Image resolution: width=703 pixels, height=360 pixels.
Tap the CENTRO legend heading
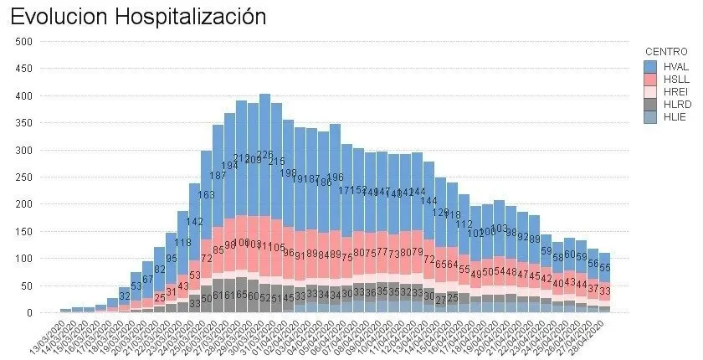[x=665, y=52]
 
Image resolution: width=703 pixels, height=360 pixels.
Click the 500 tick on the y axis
[x=23, y=42]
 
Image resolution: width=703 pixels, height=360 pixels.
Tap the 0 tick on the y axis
[x=29, y=313]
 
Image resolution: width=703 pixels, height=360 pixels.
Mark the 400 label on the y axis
[x=23, y=96]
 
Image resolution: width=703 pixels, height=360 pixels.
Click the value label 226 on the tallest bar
[x=264, y=155]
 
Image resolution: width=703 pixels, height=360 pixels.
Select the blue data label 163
[x=206, y=195]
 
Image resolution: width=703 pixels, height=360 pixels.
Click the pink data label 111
[x=264, y=246]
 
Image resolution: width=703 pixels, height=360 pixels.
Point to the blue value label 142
[x=194, y=222]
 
